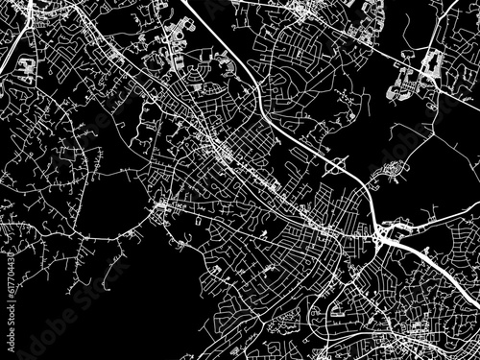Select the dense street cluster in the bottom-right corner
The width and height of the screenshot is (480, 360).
(x=422, y=336)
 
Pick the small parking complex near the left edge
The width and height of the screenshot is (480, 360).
(x=23, y=67)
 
